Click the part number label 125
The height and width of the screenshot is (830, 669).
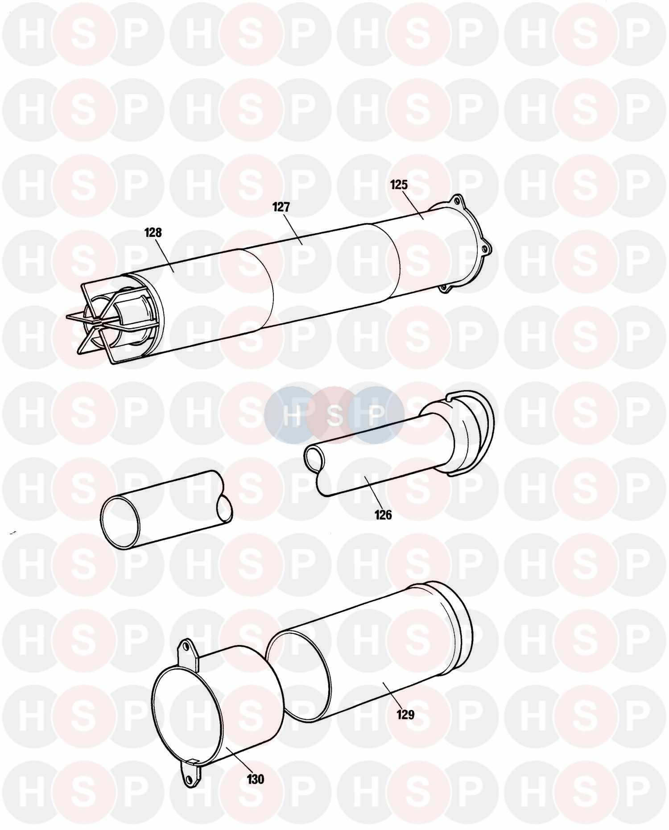(x=399, y=185)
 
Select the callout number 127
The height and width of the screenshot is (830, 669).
(x=281, y=207)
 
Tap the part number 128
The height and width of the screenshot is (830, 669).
(x=153, y=232)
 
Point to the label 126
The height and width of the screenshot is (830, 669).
(x=383, y=515)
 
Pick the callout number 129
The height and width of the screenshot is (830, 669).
(x=405, y=714)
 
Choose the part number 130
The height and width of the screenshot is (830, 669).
(x=255, y=779)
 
